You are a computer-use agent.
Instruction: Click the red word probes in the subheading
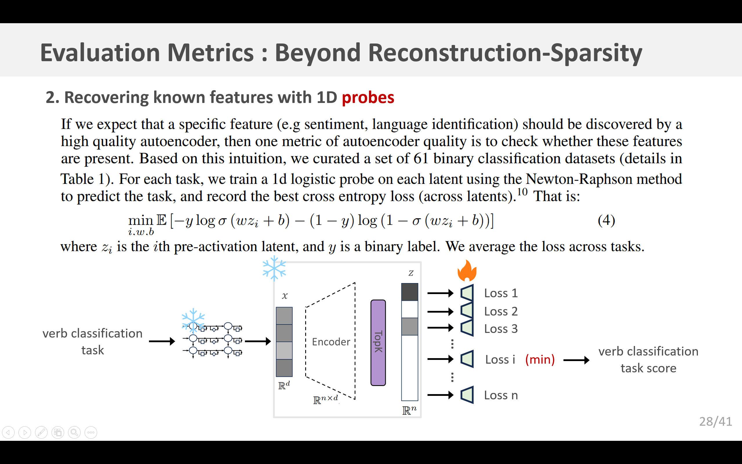point(368,98)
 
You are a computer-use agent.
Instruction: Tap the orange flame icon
point(467,271)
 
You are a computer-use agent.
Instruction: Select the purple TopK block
point(378,342)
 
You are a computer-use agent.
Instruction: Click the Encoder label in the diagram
point(331,342)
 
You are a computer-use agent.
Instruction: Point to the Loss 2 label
point(501,311)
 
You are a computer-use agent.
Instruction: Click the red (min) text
point(540,359)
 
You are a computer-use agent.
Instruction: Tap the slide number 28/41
point(715,422)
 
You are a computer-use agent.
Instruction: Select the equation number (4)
point(606,220)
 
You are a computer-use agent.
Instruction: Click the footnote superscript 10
point(522,192)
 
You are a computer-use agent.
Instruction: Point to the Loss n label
point(501,395)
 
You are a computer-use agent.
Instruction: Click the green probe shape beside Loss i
point(467,359)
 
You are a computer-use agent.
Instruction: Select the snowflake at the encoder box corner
point(274,269)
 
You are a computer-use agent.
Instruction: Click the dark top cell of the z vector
point(410,292)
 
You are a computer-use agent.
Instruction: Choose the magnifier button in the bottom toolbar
point(74,433)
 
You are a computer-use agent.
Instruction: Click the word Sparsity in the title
point(596,53)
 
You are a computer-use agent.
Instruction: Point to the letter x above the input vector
point(285,296)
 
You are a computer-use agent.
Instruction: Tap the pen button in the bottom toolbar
point(41,433)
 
